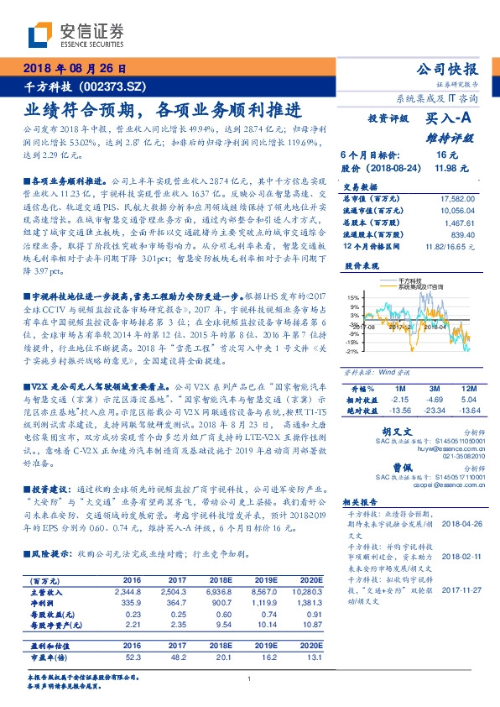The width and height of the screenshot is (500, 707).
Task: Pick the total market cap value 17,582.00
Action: (x=456, y=198)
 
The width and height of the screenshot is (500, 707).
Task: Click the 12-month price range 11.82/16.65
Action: (x=452, y=249)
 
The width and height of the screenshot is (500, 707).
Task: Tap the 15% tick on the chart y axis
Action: (x=352, y=297)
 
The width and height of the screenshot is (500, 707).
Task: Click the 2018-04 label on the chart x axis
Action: (x=439, y=327)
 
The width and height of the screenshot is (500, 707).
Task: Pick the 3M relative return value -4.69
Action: (x=434, y=400)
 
